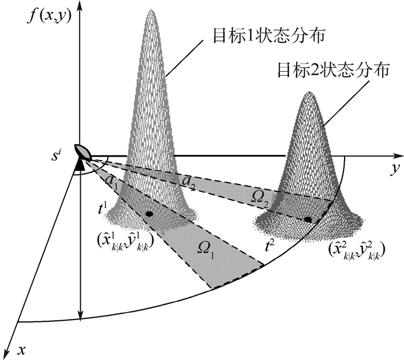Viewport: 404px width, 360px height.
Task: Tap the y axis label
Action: pyautogui.click(x=394, y=170)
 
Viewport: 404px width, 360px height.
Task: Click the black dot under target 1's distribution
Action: pyautogui.click(x=149, y=214)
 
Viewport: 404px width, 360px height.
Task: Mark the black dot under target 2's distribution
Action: pyautogui.click(x=308, y=220)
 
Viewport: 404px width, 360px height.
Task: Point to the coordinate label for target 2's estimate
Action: pyautogui.click(x=356, y=250)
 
